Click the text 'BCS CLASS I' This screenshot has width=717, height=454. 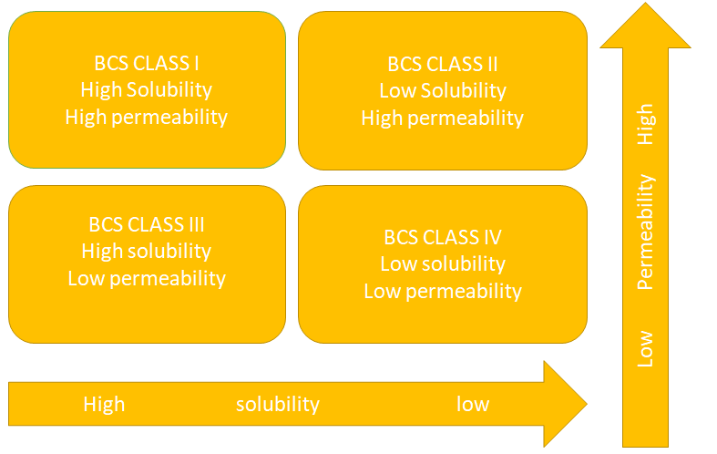click(146, 64)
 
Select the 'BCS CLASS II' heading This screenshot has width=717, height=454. click(442, 65)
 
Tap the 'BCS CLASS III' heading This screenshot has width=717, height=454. click(146, 225)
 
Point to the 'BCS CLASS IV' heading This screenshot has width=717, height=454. click(443, 238)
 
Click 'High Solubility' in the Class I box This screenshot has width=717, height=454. click(146, 90)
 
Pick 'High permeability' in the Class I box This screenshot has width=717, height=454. click(146, 117)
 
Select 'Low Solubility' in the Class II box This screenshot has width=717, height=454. click(442, 91)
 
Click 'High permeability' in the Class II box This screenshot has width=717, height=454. click(442, 118)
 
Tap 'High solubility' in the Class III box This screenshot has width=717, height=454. click(146, 252)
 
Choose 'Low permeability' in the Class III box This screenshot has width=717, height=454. click(146, 278)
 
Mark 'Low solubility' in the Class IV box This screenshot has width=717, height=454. click(443, 264)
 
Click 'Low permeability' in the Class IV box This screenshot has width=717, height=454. click(443, 291)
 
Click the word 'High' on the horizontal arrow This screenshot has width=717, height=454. click(104, 404)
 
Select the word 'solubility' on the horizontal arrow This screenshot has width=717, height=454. click(278, 404)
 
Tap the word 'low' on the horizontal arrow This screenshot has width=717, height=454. click(473, 404)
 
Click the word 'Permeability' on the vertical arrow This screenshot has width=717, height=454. click(645, 232)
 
